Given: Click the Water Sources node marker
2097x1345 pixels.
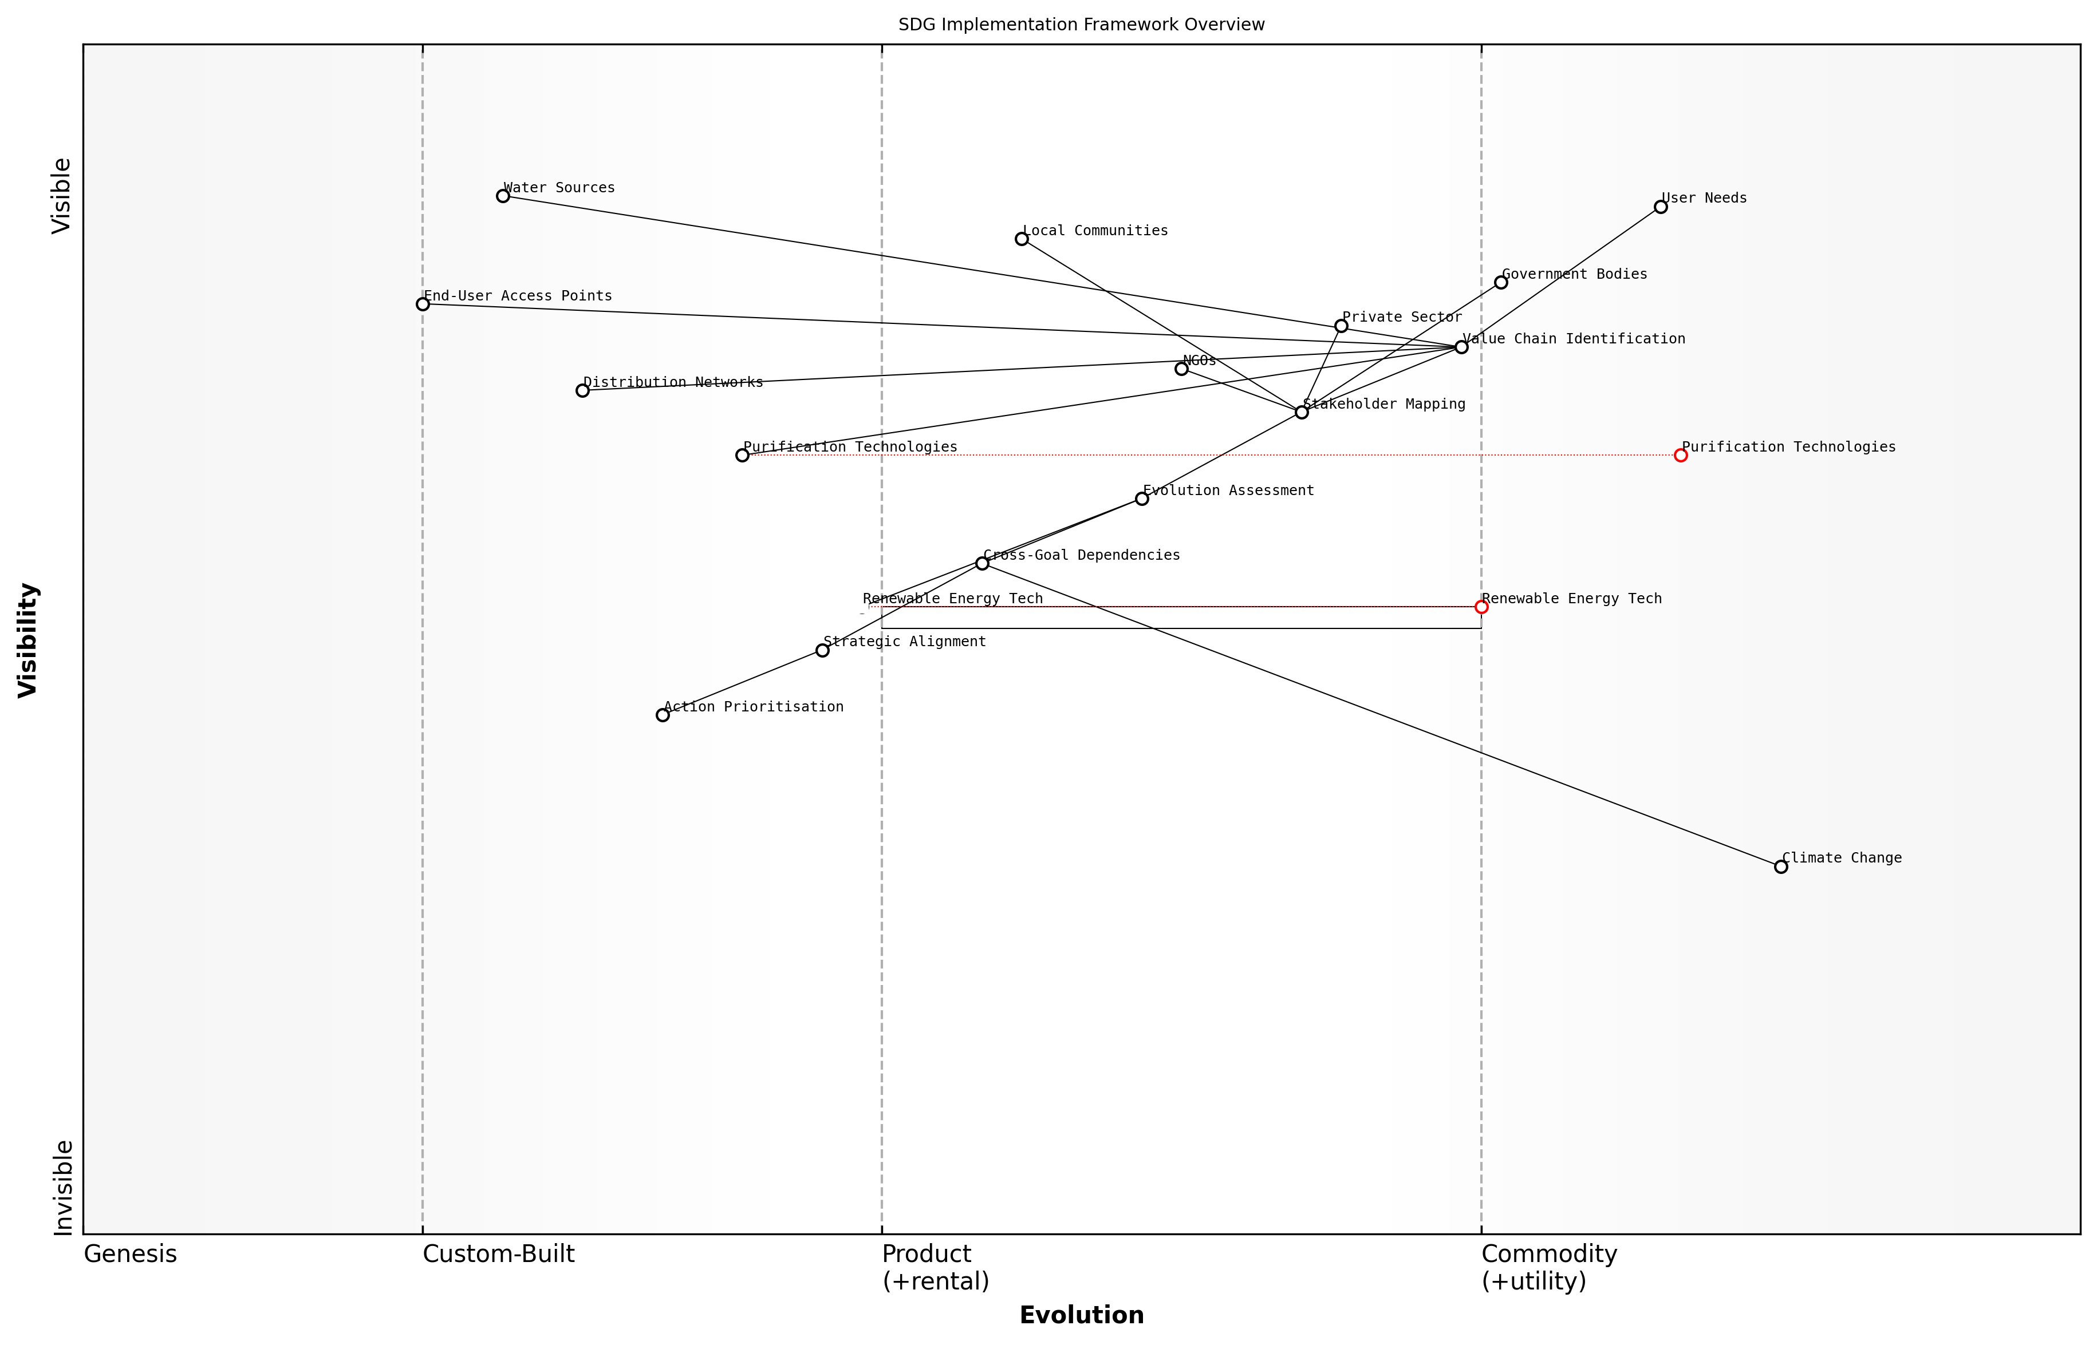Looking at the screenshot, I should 502,196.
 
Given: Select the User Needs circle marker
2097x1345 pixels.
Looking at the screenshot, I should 1660,207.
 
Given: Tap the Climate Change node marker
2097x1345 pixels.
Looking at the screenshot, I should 1781,867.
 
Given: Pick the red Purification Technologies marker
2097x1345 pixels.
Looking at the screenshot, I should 1680,455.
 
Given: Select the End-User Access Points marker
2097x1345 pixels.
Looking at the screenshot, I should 423,304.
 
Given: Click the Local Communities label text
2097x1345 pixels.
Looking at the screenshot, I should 1095,231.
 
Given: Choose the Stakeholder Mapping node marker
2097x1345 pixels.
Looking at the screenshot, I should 1302,412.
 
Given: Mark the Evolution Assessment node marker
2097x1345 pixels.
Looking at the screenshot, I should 1142,499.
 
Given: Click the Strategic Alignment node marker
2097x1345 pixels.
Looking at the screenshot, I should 822,650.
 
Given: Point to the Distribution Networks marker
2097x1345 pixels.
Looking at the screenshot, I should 583,390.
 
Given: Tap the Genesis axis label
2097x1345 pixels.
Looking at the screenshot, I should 130,1254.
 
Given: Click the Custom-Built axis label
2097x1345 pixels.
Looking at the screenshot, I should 498,1254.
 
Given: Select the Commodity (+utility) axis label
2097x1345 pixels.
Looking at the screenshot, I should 1548,1267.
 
